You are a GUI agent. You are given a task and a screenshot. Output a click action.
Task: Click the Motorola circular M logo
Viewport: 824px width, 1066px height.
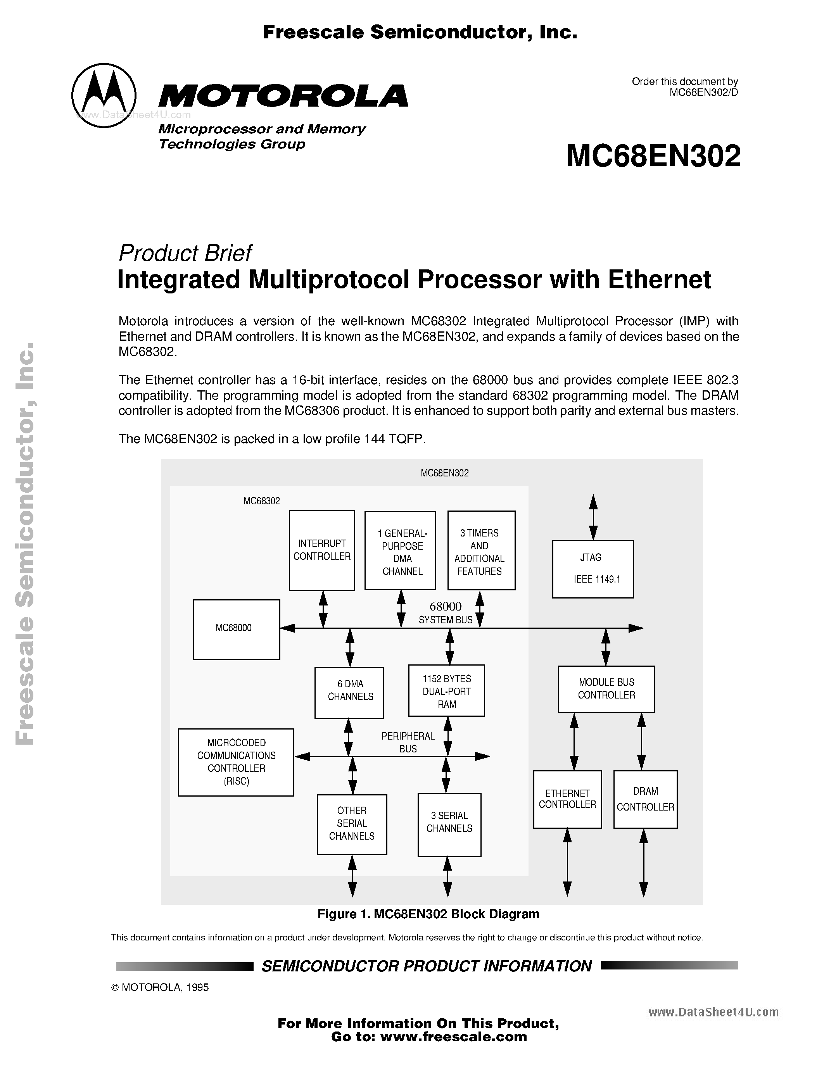[x=104, y=95]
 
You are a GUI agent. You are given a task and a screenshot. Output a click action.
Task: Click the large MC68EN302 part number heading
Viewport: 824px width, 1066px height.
[x=653, y=157]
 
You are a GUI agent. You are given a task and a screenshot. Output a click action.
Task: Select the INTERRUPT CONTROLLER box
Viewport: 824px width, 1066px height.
[x=322, y=550]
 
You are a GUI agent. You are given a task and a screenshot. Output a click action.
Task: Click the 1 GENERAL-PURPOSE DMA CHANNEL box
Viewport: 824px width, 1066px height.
[x=400, y=550]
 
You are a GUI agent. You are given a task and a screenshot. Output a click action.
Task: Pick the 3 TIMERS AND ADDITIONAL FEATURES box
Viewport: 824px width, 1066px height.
[x=481, y=550]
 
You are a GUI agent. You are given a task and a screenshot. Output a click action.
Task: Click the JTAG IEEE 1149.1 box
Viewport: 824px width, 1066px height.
[x=593, y=569]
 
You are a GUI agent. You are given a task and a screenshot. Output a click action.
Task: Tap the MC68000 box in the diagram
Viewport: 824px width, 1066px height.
[x=236, y=629]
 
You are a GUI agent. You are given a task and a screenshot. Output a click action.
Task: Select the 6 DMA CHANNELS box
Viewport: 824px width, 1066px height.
[x=349, y=693]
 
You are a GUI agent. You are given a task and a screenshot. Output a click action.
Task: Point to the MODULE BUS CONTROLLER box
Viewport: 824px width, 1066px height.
[x=606, y=689]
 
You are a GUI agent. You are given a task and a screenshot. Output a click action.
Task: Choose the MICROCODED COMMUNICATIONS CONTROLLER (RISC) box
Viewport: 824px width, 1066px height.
[x=236, y=762]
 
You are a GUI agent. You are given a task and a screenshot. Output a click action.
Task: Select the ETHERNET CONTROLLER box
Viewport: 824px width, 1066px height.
[x=567, y=799]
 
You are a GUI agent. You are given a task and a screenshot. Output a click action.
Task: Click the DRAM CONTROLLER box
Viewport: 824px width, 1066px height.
[x=645, y=799]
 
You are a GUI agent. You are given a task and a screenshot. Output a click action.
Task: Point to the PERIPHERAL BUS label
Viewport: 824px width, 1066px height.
[x=408, y=742]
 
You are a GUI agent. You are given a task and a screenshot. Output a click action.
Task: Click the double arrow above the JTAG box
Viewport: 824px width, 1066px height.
[x=593, y=516]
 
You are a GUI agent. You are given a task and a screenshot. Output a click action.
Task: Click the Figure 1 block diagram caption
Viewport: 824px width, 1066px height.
[x=428, y=914]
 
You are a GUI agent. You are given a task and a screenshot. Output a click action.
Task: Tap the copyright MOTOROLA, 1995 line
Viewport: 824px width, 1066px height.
[x=160, y=987]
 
